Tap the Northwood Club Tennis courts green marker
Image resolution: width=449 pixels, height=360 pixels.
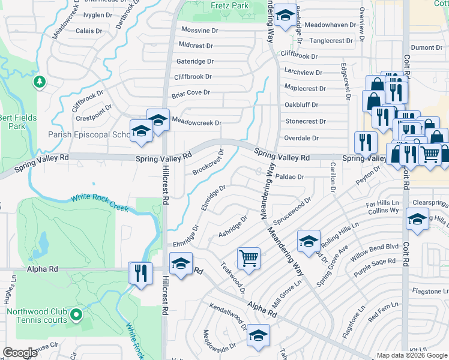click(75, 314)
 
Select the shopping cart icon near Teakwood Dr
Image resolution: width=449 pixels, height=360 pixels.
click(249, 259)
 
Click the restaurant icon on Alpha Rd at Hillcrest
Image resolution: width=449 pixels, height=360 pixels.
click(139, 274)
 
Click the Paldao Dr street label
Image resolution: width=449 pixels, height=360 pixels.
click(291, 177)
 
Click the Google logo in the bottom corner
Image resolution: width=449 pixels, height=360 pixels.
click(20, 353)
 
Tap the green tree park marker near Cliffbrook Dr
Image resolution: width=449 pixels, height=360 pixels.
click(40, 82)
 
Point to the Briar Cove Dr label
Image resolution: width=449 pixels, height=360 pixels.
click(191, 92)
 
